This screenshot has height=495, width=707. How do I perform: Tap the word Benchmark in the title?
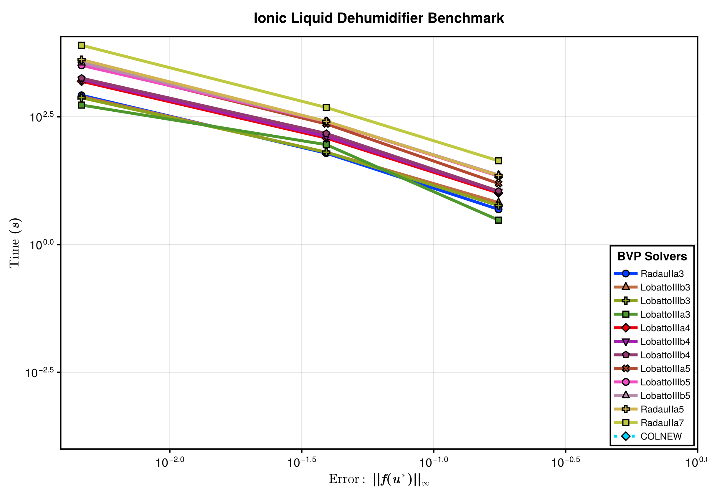pyautogui.click(x=465, y=18)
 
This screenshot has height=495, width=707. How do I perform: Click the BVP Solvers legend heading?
pyautogui.click(x=652, y=256)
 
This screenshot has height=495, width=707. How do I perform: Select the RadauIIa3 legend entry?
pyautogui.click(x=662, y=273)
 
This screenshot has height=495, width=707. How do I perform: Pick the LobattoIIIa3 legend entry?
pyautogui.click(x=665, y=314)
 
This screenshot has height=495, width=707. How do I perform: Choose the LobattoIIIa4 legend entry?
pyautogui.click(x=665, y=328)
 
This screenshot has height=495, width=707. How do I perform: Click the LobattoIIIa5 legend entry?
pyautogui.click(x=665, y=368)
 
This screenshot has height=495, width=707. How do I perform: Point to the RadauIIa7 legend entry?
pyautogui.click(x=662, y=423)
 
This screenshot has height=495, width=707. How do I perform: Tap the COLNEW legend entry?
pyautogui.click(x=661, y=436)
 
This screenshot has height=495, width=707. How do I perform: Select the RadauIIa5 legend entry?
pyautogui.click(x=662, y=409)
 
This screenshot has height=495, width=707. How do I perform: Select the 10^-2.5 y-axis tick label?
pyautogui.click(x=39, y=373)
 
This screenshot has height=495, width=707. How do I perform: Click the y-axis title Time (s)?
pyautogui.click(x=14, y=243)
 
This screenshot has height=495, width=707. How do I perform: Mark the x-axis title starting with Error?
pyautogui.click(x=379, y=479)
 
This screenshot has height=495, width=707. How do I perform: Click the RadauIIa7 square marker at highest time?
pyautogui.click(x=81, y=45)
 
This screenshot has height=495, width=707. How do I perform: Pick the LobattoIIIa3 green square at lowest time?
pyautogui.click(x=498, y=220)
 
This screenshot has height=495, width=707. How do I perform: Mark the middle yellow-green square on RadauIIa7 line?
pyautogui.click(x=326, y=108)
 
